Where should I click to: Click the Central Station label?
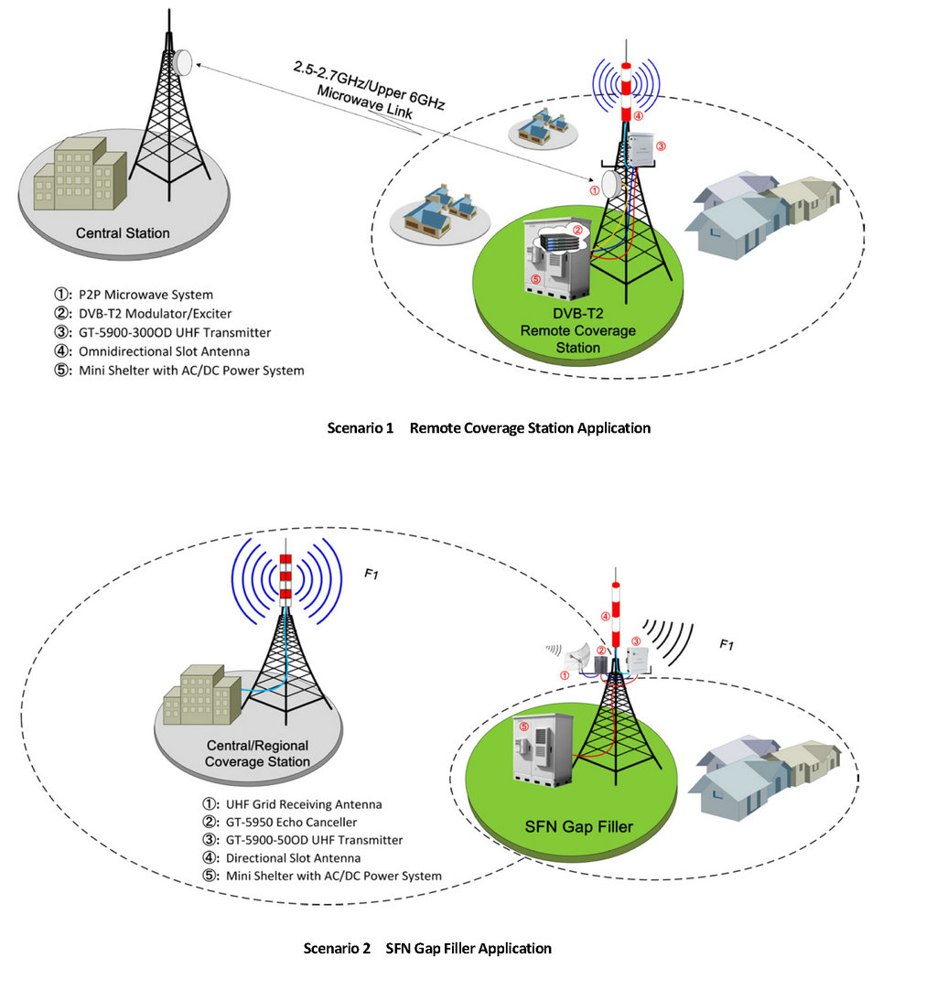pos(123,233)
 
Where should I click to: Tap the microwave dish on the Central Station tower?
pos(183,61)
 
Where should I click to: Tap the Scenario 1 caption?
pos(489,427)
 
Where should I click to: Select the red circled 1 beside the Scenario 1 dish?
pos(594,191)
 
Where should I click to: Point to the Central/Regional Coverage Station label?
pos(257,754)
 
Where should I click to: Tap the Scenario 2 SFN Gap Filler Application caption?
pos(427,948)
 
